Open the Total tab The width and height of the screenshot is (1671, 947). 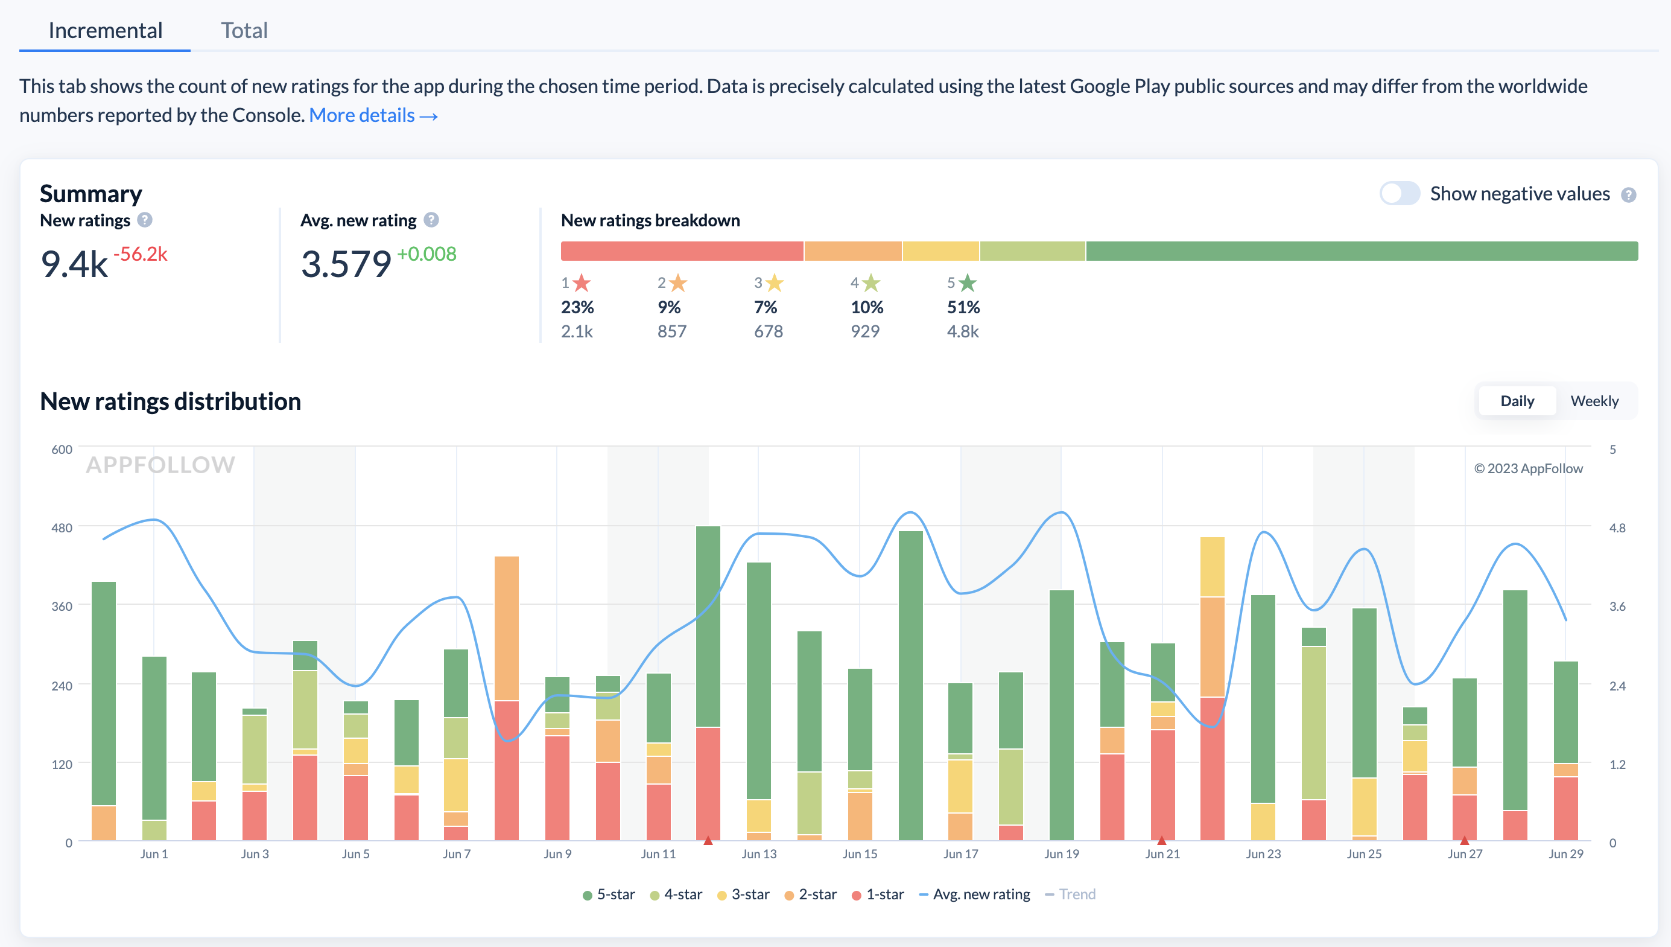244,31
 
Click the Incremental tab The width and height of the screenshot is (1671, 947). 106,31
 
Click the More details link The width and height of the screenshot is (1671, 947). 373,115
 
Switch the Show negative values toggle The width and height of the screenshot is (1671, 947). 1399,193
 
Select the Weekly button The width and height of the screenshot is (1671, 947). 1594,401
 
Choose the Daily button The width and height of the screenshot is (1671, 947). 1517,401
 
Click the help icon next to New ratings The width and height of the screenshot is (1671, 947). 145,220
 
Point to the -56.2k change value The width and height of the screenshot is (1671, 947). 141,253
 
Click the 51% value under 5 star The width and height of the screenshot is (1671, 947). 963,307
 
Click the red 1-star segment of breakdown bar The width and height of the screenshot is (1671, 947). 682,251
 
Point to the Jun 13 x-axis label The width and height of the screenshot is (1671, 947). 758,854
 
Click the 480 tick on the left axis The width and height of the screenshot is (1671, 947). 62,528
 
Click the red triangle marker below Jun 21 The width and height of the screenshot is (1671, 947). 1161,840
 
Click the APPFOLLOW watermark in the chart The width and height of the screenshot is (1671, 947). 160,464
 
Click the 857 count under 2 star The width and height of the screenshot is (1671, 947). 671,331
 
